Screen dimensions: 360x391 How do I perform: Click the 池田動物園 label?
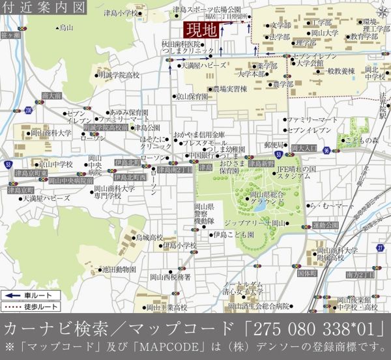(x=119, y=268)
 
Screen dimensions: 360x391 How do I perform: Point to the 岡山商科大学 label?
(x=51, y=132)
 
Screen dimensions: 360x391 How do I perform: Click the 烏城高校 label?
(x=149, y=238)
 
